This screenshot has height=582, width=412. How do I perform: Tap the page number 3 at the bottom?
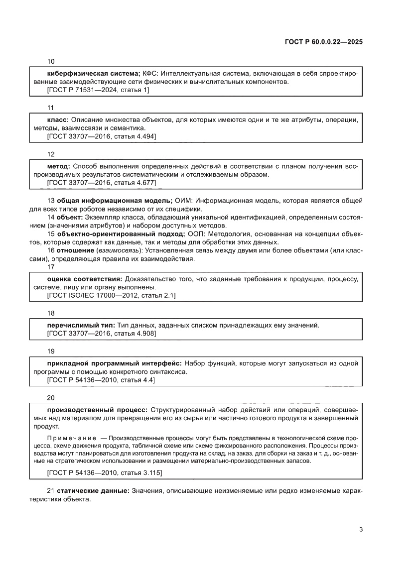pyautogui.click(x=360, y=529)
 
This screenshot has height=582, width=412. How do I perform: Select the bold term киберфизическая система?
pyautogui.click(x=93, y=73)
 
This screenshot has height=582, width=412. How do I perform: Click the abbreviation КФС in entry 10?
pyautogui.click(x=149, y=73)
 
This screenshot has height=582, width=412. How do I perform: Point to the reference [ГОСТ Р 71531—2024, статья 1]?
pyautogui.click(x=98, y=90)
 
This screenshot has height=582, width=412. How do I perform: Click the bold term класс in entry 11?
pyautogui.click(x=58, y=119)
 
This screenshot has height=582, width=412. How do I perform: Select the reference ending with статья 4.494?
pyautogui.click(x=101, y=136)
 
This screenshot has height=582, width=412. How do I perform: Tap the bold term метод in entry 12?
pyautogui.click(x=58, y=166)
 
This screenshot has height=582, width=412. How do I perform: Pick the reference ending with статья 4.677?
pyautogui.click(x=101, y=183)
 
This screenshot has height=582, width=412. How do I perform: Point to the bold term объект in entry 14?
pyautogui.click(x=70, y=218)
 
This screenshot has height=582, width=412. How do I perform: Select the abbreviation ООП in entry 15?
pyautogui.click(x=195, y=234)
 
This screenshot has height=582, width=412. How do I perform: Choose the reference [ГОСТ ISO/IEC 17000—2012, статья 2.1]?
pyautogui.click(x=111, y=296)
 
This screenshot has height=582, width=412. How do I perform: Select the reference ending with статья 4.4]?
pyautogui.click(x=100, y=380)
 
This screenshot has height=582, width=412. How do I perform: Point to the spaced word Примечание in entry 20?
pyautogui.click(x=72, y=437)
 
